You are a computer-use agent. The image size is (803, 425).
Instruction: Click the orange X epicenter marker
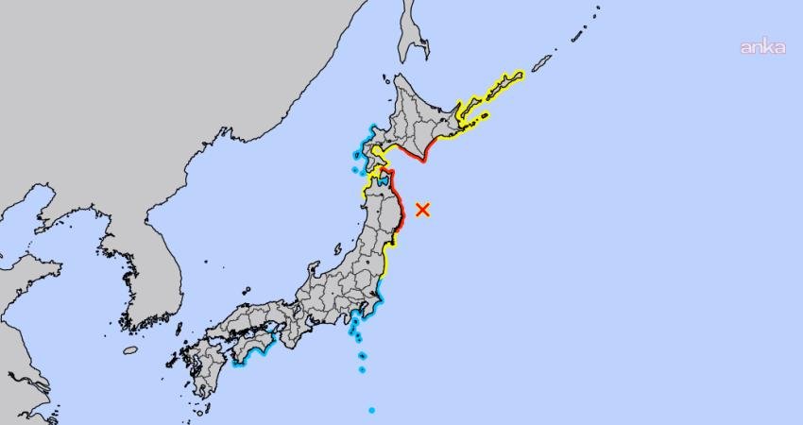(422, 210)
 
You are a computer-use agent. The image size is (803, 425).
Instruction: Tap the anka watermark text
(761, 47)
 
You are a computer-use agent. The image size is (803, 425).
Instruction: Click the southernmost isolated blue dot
(371, 410)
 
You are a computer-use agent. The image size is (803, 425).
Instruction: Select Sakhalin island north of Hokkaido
(412, 33)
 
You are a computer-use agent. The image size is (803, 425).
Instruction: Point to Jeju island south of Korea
(130, 350)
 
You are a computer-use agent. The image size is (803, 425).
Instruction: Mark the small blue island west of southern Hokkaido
(355, 170)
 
